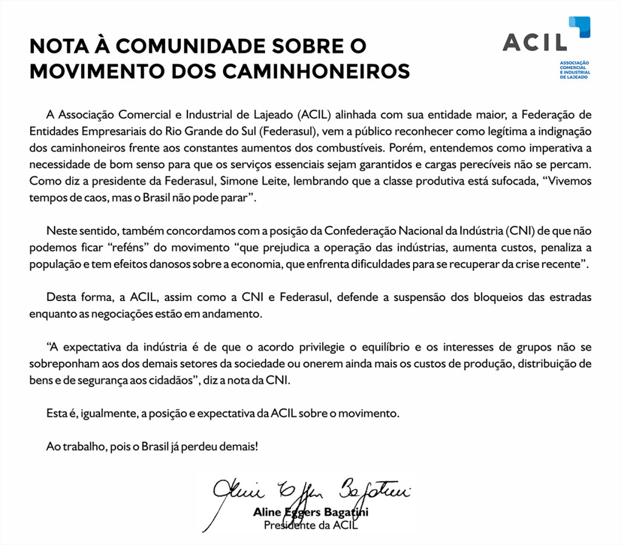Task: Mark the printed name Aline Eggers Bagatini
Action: point(310,513)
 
